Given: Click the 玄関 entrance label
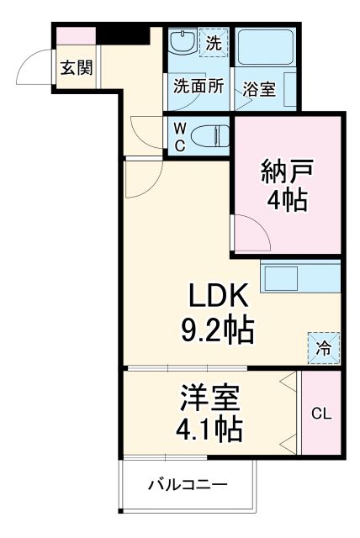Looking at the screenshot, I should (76, 68).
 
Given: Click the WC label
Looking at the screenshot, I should (179, 135).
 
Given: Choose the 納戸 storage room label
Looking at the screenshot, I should (287, 173).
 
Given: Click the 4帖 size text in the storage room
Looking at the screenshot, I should (287, 202).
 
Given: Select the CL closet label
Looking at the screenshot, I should (320, 414).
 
